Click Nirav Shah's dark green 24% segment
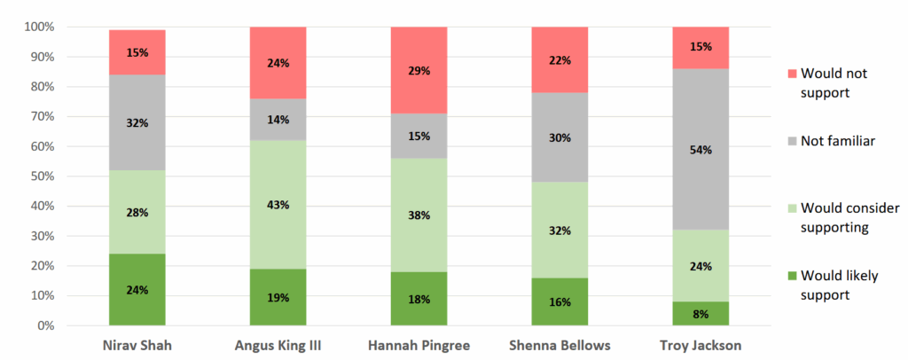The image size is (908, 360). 137,289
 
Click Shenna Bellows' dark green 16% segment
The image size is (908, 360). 560,301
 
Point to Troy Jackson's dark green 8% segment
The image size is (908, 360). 701,313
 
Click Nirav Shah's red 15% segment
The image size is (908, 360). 137,52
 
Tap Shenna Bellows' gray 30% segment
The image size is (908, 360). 560,137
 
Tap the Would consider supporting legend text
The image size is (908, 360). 849,215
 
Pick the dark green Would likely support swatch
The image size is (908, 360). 791,276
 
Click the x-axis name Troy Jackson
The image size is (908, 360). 701,346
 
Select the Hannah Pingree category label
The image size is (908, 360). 419,346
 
